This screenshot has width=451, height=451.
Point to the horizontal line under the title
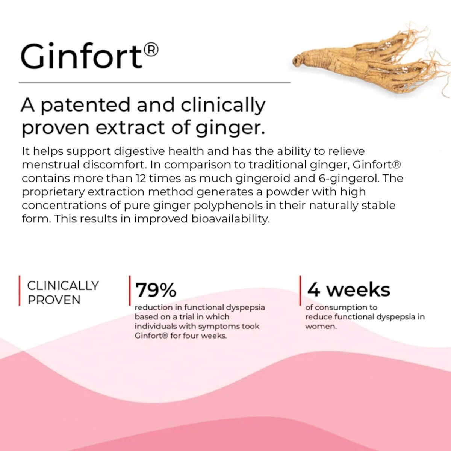coord(154,83)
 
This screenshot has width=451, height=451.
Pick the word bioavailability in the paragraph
coord(229,219)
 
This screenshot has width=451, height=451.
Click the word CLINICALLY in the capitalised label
coord(63,286)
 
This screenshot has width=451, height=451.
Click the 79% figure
coord(156,290)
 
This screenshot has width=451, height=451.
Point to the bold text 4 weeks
coord(349,290)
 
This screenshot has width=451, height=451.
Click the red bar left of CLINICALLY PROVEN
coord(20,291)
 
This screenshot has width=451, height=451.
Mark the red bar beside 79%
coord(130,291)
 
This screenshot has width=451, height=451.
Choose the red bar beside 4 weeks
coord(300,291)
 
